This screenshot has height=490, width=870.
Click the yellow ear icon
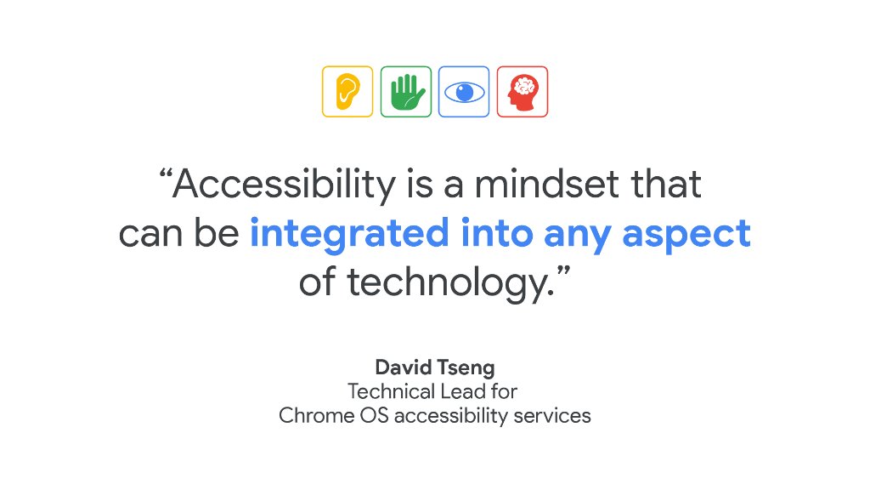(347, 91)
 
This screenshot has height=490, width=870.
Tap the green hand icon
(406, 91)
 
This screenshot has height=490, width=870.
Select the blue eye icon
(464, 91)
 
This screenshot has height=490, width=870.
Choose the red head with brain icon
(522, 91)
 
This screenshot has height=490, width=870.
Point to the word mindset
(540, 185)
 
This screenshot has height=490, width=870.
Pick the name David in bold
(400, 367)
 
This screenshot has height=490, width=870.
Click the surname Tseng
(465, 368)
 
